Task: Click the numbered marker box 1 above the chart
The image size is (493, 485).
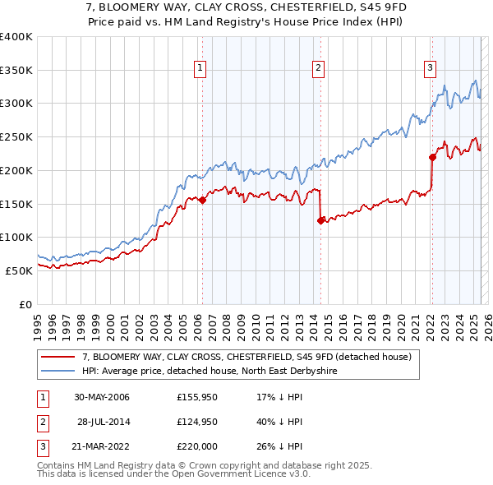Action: (201, 68)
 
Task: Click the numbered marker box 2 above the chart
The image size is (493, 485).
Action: (319, 68)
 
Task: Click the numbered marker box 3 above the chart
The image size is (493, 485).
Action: (430, 68)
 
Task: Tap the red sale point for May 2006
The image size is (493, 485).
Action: (202, 200)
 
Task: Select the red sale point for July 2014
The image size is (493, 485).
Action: (320, 220)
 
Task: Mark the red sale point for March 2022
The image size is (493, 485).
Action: (432, 157)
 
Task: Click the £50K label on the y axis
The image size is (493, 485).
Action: (19, 270)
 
